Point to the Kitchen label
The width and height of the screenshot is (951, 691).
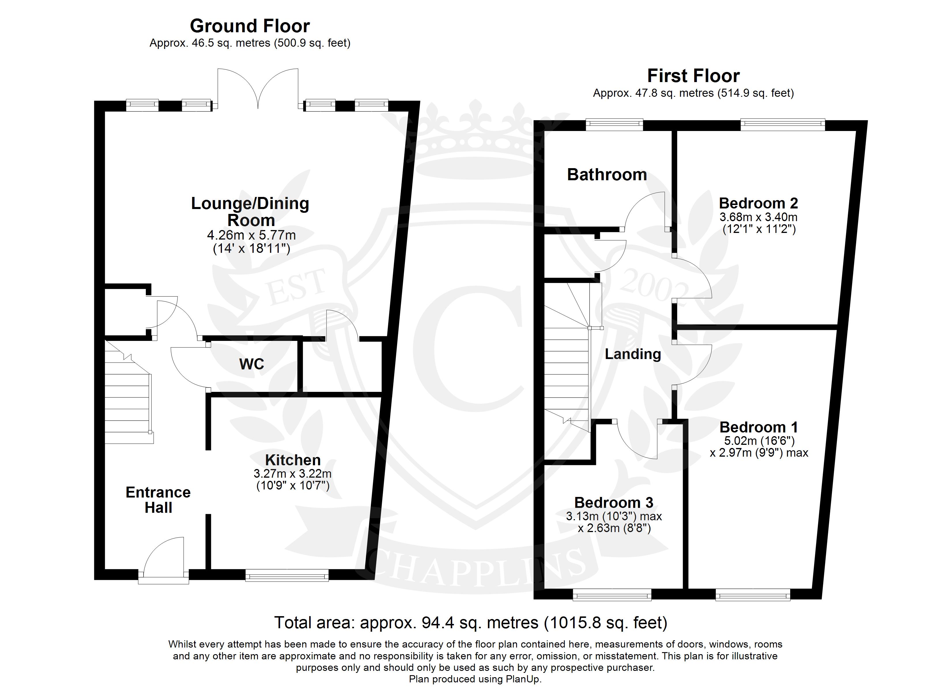click(x=293, y=460)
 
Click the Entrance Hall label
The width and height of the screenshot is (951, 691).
click(x=158, y=500)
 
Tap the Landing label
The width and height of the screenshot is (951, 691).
click(x=633, y=354)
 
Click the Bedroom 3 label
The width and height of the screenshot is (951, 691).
click(x=614, y=502)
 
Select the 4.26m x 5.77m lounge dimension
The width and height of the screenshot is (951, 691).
click(x=252, y=235)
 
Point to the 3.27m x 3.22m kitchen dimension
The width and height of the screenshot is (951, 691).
click(x=293, y=474)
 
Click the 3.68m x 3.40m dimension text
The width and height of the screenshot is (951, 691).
click(x=758, y=217)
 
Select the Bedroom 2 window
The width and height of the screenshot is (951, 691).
click(x=783, y=125)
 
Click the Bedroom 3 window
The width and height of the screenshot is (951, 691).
click(x=612, y=594)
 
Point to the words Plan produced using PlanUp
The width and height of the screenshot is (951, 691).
click(x=475, y=679)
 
